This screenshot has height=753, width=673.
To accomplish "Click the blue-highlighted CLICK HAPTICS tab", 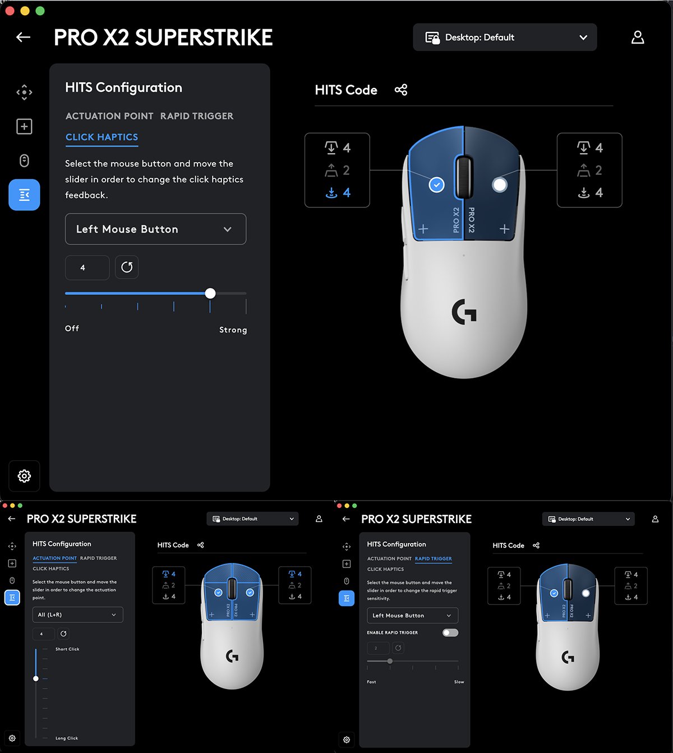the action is click(102, 137).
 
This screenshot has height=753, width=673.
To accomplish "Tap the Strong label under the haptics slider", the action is click(233, 330).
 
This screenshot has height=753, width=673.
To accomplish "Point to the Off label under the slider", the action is click(72, 328).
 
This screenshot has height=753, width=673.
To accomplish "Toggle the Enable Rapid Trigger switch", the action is click(450, 632).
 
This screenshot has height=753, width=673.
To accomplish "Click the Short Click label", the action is click(67, 649).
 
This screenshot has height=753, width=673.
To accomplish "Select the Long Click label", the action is click(67, 738).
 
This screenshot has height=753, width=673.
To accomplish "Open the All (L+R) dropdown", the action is click(77, 615).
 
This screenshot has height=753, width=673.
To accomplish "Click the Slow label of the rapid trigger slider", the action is click(459, 682).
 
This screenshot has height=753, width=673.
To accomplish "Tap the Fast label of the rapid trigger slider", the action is click(371, 682).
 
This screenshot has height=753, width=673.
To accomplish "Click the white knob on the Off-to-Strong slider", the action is click(210, 293).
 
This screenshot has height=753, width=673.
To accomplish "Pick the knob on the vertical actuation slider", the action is click(36, 678).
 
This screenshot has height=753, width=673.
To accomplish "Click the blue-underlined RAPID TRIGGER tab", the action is click(433, 558).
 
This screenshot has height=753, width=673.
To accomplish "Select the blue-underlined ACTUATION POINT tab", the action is click(54, 558).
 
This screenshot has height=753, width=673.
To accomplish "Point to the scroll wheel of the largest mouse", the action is click(463, 177).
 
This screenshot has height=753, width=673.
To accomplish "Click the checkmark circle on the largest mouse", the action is click(436, 184).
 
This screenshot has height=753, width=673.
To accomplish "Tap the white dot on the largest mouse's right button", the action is click(499, 184).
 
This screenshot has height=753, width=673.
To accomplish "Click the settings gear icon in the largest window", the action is click(24, 475).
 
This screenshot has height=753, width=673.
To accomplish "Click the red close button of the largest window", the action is click(10, 11).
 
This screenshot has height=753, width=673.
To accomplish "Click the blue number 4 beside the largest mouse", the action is click(347, 192).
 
